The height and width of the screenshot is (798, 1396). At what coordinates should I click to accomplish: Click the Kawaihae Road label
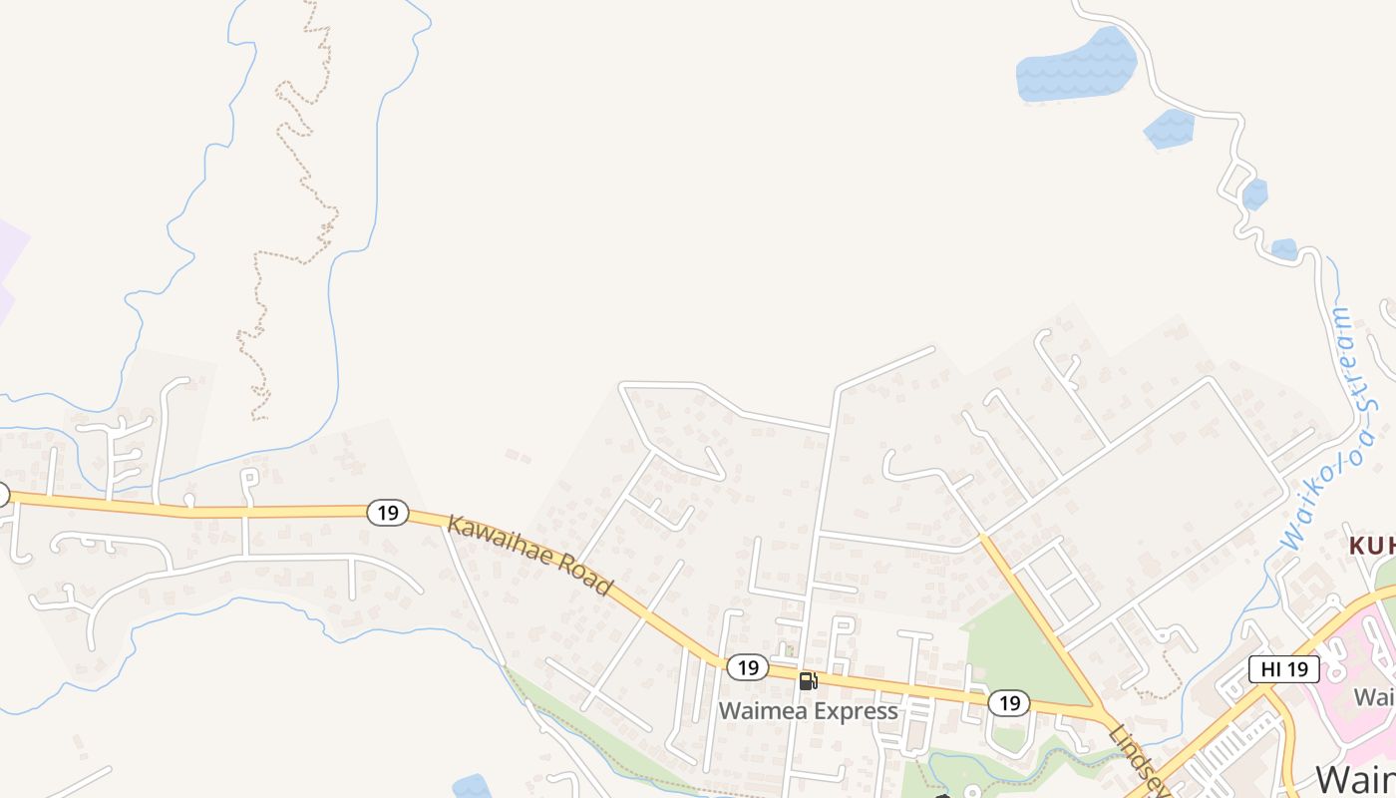pos(528,555)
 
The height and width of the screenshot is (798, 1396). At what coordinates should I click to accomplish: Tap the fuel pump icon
pos(808,681)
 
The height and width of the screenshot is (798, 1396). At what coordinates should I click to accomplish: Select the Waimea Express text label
pos(808,711)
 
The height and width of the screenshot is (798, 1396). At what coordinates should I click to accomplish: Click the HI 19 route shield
pos(1284,669)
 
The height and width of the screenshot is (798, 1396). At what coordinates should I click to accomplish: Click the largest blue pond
pos(1075,66)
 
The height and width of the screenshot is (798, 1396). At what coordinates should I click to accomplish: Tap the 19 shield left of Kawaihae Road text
pos(388,513)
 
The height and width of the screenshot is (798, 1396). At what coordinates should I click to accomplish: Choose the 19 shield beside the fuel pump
pos(747,667)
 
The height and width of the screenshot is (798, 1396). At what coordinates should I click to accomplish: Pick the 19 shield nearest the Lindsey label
pos(1009,703)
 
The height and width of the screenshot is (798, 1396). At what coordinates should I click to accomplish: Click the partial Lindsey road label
pos(1137,758)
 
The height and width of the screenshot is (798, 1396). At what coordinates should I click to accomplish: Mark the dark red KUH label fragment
pos(1372,546)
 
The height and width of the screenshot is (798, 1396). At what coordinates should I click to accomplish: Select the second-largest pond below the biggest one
pos(1169,129)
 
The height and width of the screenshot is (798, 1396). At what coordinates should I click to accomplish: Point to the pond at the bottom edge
pos(472,787)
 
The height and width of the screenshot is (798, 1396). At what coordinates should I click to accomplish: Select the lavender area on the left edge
pos(10,264)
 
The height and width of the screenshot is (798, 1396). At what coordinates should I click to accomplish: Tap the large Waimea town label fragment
pos(1354,779)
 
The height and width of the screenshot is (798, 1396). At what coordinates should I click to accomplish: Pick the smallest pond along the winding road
pos(1284,248)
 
